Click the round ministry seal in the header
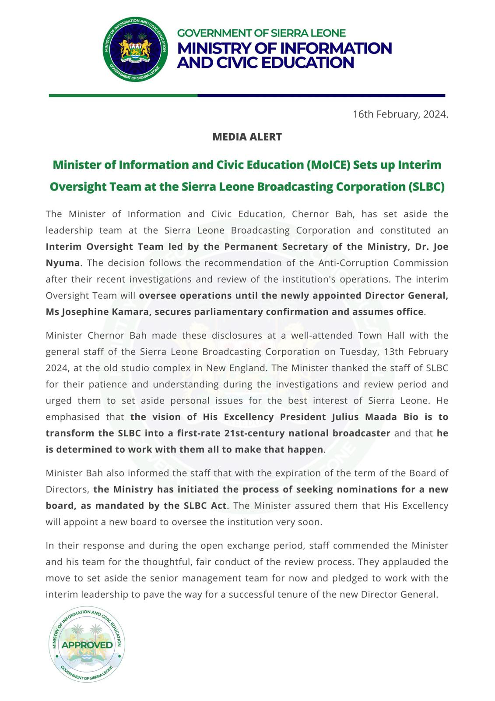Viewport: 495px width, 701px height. click(x=135, y=50)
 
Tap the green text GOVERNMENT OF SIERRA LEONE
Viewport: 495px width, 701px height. click(x=261, y=33)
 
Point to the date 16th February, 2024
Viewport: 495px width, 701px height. click(x=400, y=114)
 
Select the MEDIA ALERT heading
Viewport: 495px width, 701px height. click(x=247, y=137)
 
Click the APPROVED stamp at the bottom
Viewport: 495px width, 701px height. click(x=87, y=645)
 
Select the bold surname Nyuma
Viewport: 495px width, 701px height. click(x=63, y=263)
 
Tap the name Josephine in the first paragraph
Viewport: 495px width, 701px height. click(x=84, y=312)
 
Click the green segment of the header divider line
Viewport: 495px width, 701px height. click(x=123, y=96)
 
